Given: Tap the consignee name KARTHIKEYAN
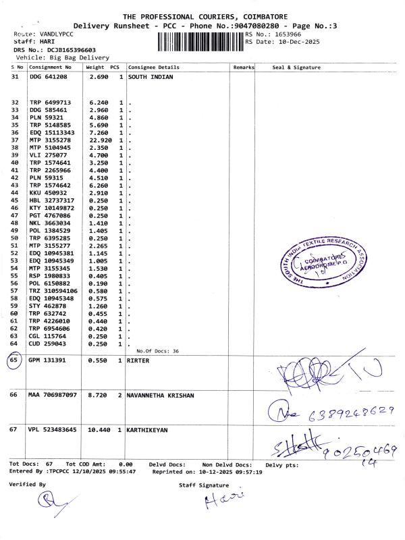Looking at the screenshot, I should click(148, 429).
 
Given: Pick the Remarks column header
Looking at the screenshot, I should click(243, 67).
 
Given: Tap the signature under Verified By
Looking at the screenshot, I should click(47, 501).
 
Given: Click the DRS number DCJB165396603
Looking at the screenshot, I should click(63, 50).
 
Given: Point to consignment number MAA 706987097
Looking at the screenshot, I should click(53, 394).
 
